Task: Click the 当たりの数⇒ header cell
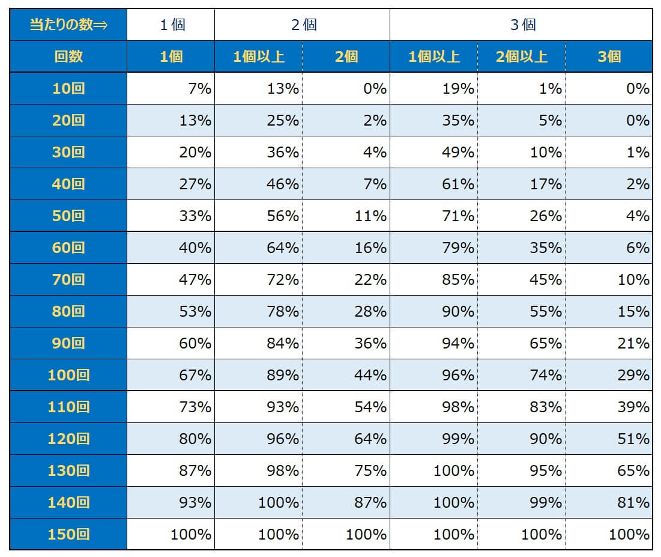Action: pyautogui.click(x=68, y=25)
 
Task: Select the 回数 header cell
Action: pyautogui.click(x=68, y=57)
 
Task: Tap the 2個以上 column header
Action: pyautogui.click(x=521, y=57)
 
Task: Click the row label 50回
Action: pyautogui.click(x=68, y=216)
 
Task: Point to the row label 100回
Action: pyautogui.click(x=68, y=375)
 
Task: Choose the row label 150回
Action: pyautogui.click(x=68, y=534)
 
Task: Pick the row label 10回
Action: pyautogui.click(x=68, y=89)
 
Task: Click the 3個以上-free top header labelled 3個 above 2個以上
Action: pyautogui.click(x=521, y=25)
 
